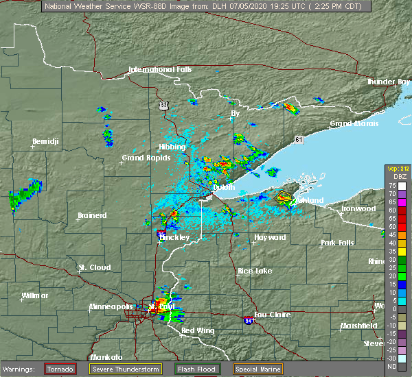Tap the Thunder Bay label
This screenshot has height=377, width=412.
[x=389, y=82]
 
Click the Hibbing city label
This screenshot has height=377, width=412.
[x=171, y=147]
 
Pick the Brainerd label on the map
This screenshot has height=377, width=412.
[x=92, y=215]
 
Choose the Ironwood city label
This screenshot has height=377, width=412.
[x=359, y=208]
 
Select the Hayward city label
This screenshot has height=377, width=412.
[x=270, y=237]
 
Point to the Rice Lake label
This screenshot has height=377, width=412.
[x=254, y=271]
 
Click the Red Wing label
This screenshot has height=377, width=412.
[x=198, y=331]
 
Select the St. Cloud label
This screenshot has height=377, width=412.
[x=95, y=267]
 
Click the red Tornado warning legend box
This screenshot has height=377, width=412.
[x=60, y=369]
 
